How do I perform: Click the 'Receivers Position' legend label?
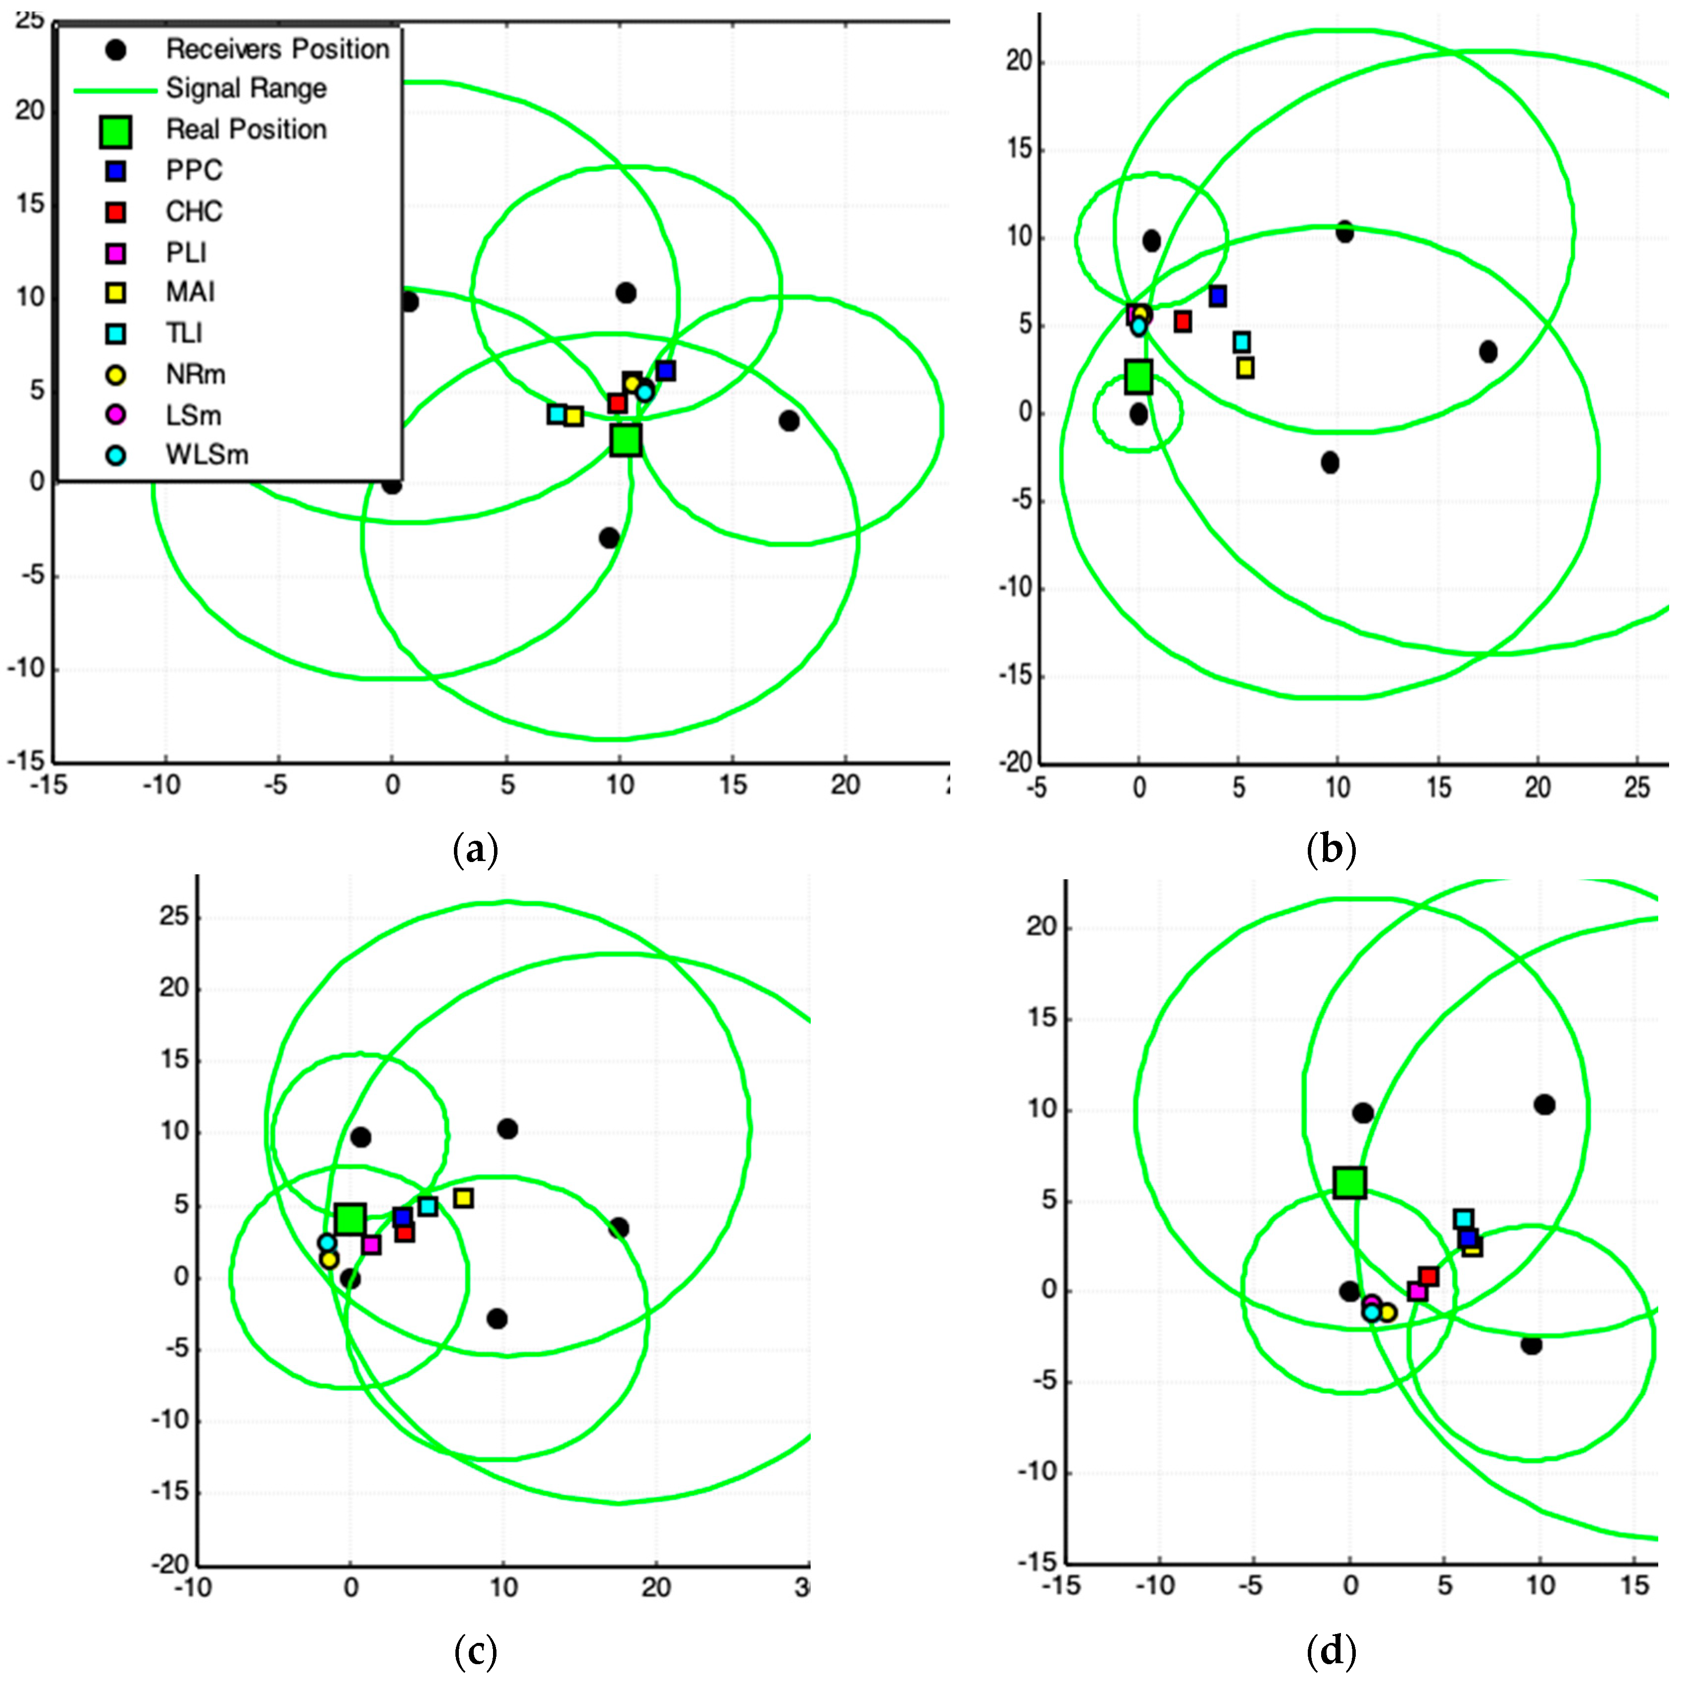(277, 49)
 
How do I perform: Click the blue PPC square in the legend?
(115, 171)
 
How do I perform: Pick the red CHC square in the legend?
(115, 212)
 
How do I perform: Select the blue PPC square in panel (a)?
(666, 370)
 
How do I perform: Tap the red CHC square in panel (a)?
(617, 403)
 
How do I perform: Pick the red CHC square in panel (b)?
(1183, 322)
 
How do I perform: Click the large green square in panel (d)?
(1350, 1183)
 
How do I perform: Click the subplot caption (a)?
(475, 848)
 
